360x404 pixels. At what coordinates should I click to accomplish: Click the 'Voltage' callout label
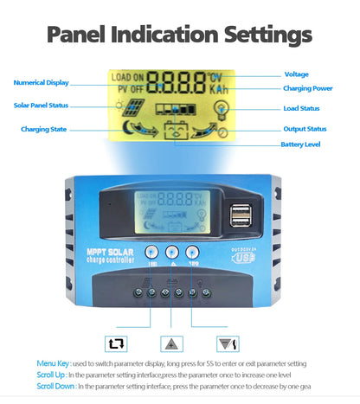pos(296,74)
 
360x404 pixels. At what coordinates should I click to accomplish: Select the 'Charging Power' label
pos(308,88)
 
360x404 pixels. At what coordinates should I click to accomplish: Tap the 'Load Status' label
pos(301,108)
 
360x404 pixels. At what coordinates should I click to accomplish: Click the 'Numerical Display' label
pos(40,82)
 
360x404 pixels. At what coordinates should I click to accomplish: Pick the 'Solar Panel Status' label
pos(40,106)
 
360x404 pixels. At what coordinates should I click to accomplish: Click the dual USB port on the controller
pos(240,214)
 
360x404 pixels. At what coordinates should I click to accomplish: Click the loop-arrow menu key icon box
pos(117,343)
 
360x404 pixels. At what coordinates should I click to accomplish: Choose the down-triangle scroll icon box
pos(229,343)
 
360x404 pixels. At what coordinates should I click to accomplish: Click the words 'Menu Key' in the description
pos(50,363)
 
